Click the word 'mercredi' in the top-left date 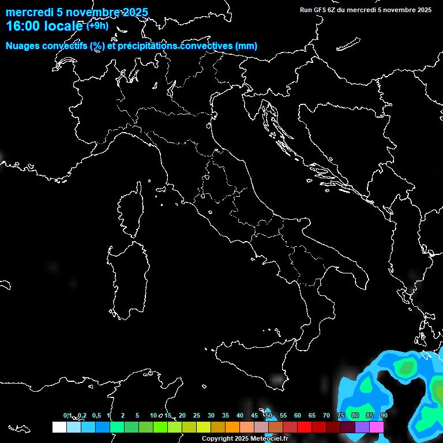tap(27, 13)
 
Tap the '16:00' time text tap(22, 26)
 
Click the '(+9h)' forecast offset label tap(97, 25)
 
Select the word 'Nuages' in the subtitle tap(23, 46)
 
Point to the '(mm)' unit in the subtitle tap(246, 46)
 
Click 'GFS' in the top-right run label tap(320, 10)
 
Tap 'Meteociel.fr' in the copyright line tap(270, 439)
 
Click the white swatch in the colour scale tap(59, 427)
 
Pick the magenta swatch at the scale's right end tap(377, 427)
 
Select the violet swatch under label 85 tap(362, 427)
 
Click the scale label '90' tap(384, 415)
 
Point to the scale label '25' tap(197, 415)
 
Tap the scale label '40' tap(240, 415)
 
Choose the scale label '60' tap(298, 415)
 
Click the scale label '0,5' tap(96, 415)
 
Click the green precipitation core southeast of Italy tap(408, 366)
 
